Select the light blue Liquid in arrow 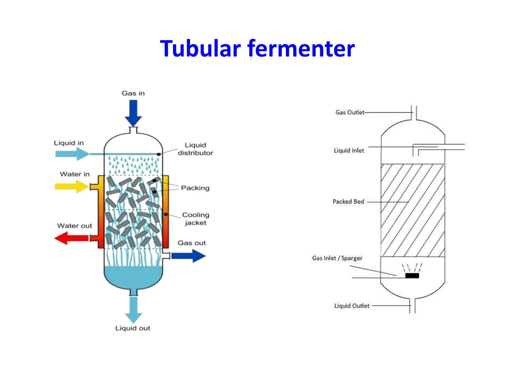(72, 154)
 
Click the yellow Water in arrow (71, 186)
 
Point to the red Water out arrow (71, 238)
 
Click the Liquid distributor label (195, 149)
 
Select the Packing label (195, 188)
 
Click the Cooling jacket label (196, 219)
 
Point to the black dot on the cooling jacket (166, 214)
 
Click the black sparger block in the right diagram (412, 276)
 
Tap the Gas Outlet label (350, 112)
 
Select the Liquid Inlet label (349, 150)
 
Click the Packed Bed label (348, 202)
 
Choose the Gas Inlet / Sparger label (337, 258)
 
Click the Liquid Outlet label (352, 306)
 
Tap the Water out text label (74, 226)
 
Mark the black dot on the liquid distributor (159, 154)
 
